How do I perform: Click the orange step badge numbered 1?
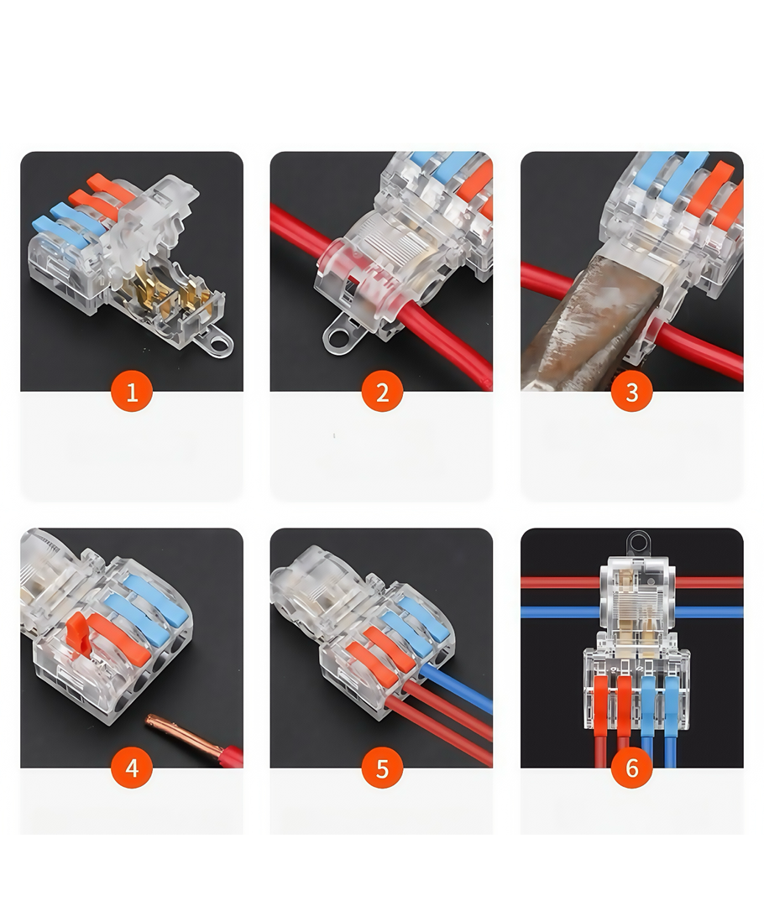[132, 391]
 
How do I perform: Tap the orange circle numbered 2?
[382, 391]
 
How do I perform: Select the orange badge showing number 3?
[632, 391]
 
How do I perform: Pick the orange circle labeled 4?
[132, 768]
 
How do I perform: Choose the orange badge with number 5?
[382, 768]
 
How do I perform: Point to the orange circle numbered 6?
[632, 768]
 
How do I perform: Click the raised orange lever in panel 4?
[76, 633]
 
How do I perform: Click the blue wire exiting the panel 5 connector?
[456, 688]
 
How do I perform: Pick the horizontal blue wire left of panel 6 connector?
[561, 612]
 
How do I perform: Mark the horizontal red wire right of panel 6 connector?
[709, 582]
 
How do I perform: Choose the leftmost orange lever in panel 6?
[601, 704]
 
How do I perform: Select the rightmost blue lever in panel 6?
[671, 704]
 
